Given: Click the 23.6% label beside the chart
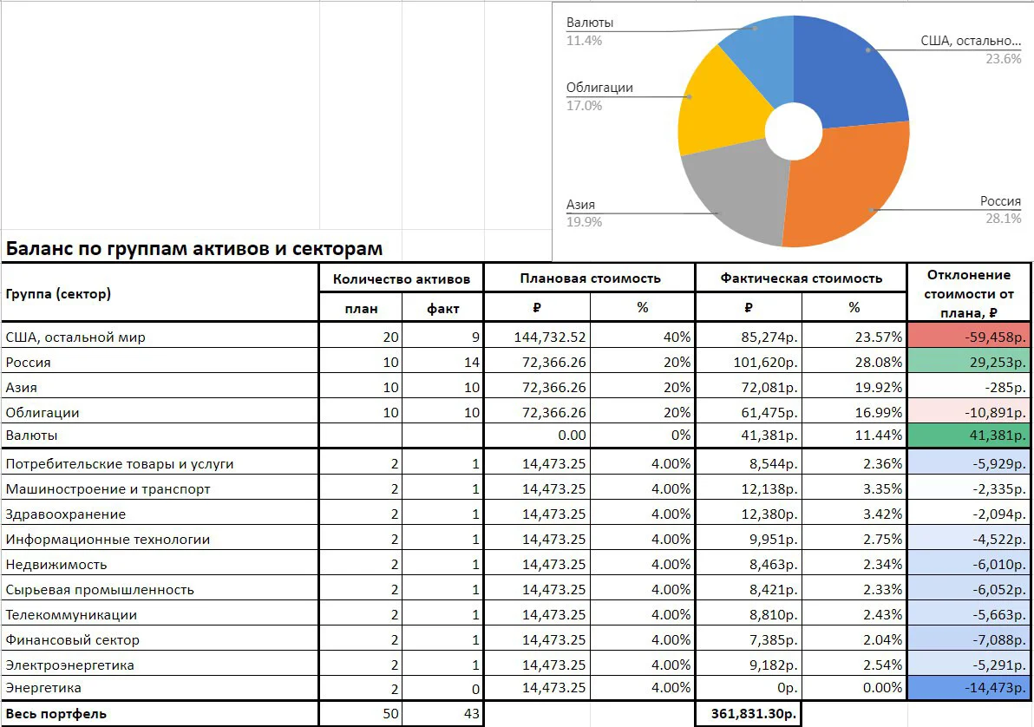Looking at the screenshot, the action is [x=1003, y=59].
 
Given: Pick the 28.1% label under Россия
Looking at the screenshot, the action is [x=1003, y=219].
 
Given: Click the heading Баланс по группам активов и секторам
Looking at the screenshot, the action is [x=194, y=249].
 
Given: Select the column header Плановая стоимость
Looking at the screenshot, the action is [x=590, y=278].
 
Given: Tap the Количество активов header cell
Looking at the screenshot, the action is [x=401, y=279].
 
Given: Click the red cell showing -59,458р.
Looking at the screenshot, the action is [x=970, y=337].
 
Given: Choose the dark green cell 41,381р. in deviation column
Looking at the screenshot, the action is [x=970, y=436].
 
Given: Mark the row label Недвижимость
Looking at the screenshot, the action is [x=56, y=565].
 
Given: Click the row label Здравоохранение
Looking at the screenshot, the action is [x=65, y=514].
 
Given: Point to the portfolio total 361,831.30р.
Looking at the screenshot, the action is [x=753, y=713].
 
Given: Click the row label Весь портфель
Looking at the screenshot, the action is [x=56, y=714].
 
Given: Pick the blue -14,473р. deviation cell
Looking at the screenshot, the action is [x=970, y=687].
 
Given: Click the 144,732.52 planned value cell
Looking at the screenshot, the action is [x=550, y=337].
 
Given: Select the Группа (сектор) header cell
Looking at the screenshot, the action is [x=58, y=293].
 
